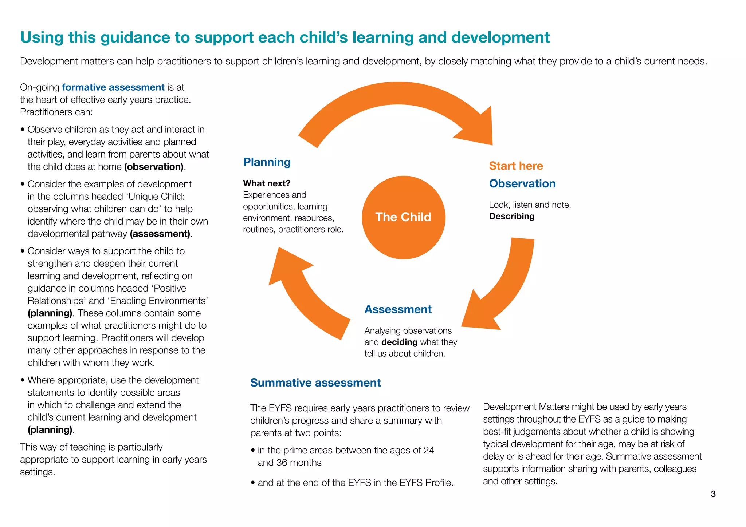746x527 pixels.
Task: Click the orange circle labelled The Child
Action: tap(403, 217)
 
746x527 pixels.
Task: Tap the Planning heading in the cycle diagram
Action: tap(267, 162)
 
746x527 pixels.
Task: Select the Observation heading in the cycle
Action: tap(522, 183)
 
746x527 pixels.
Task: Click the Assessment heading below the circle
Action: tap(398, 309)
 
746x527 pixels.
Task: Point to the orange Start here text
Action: tap(516, 166)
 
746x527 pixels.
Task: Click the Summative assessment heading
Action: tap(315, 383)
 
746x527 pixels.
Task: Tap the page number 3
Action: tap(713, 494)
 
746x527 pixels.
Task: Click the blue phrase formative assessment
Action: tap(113, 87)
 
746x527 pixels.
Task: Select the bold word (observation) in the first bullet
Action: tap(154, 167)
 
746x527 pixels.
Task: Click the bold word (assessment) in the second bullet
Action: tap(160, 234)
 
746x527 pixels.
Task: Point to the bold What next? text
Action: tap(267, 183)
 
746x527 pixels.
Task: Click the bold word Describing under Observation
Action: tap(511, 216)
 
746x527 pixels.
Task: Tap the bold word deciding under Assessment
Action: tap(399, 342)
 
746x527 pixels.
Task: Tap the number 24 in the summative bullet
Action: tap(429, 450)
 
